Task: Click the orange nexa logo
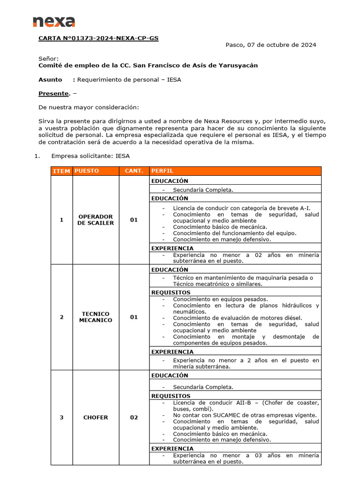click(x=53, y=22)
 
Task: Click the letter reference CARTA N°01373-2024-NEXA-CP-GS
click(x=98, y=38)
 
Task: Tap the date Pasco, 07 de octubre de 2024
click(x=270, y=45)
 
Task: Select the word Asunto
click(x=50, y=80)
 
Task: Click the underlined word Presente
click(x=53, y=93)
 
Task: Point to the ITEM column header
click(x=61, y=171)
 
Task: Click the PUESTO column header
click(x=87, y=171)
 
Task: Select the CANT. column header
click(x=134, y=171)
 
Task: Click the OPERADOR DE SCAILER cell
click(x=96, y=220)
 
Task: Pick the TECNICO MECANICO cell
click(x=96, y=317)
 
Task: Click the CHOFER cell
click(x=96, y=418)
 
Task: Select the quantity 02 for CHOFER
click(x=134, y=418)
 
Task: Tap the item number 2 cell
click(x=61, y=317)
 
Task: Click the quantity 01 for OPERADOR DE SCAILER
click(x=134, y=220)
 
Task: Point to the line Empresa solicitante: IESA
click(x=90, y=156)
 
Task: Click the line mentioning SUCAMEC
click(x=244, y=415)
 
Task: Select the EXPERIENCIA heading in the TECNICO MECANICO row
click(x=172, y=352)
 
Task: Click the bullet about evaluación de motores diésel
click(x=237, y=318)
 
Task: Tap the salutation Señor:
click(x=49, y=59)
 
